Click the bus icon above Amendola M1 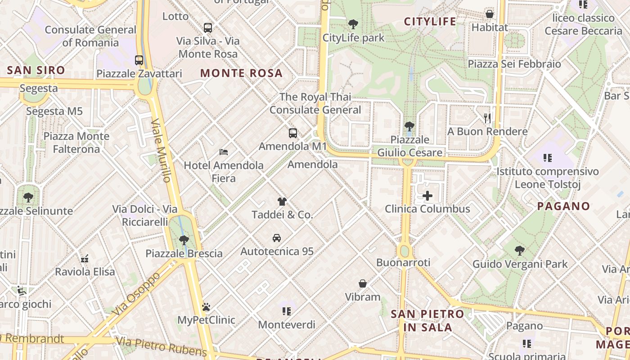tap(293, 133)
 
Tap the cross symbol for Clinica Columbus tap(427, 196)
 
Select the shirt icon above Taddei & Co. tap(282, 202)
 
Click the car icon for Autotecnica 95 tap(277, 238)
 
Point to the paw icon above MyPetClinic tap(206, 307)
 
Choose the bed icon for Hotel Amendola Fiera tap(224, 152)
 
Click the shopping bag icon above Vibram tap(363, 283)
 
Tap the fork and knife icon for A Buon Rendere tap(487, 118)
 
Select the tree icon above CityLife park tap(353, 24)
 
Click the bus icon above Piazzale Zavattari tap(139, 60)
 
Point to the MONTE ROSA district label tap(241, 73)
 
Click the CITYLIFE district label tap(430, 22)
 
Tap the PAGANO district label tap(564, 206)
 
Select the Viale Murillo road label tap(162, 151)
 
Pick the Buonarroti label tap(403, 262)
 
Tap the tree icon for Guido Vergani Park tap(520, 251)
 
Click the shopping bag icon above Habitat tap(490, 14)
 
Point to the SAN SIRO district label tap(36, 70)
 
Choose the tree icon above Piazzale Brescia tap(184, 240)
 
